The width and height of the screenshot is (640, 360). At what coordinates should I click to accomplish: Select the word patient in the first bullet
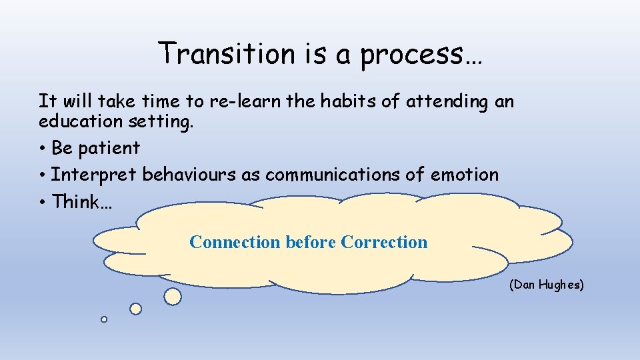click(x=109, y=148)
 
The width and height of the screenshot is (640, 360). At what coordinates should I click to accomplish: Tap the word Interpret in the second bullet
click(x=94, y=175)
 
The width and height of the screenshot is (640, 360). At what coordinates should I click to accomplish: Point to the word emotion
click(x=464, y=175)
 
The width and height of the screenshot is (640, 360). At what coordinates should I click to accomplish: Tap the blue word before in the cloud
click(x=311, y=242)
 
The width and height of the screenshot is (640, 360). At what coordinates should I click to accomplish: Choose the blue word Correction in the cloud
click(x=384, y=242)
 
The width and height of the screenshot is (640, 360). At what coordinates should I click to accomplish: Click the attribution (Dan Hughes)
click(x=546, y=285)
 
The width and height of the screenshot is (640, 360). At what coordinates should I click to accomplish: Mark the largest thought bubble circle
click(x=173, y=297)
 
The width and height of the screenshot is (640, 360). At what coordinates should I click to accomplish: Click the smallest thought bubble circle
click(x=104, y=319)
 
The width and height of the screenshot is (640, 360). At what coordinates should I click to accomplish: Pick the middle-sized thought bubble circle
click(x=135, y=309)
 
